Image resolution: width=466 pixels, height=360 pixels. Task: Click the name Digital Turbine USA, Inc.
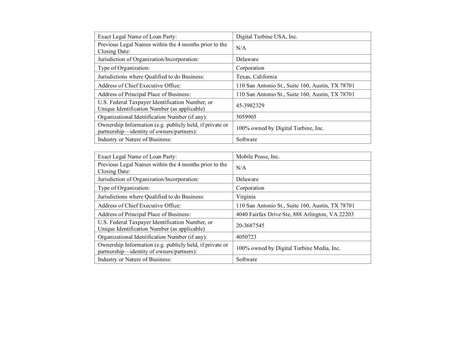click(267, 37)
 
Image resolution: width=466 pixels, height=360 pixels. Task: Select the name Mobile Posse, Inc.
click(258, 157)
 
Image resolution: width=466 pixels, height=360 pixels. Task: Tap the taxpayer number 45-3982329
click(250, 105)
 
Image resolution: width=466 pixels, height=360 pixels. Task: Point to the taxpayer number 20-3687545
click(250, 226)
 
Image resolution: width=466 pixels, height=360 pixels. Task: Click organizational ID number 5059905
click(246, 117)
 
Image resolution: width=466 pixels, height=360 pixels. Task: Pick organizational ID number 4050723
click(246, 237)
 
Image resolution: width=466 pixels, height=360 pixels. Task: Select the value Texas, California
click(256, 77)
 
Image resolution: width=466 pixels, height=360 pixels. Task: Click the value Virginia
click(246, 197)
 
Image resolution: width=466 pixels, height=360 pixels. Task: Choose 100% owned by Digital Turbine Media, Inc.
click(288, 248)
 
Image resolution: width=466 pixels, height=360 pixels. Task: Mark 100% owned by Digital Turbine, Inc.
click(280, 128)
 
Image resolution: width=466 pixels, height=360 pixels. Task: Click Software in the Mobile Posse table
click(246, 259)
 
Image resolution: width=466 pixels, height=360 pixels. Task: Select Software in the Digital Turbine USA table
click(246, 139)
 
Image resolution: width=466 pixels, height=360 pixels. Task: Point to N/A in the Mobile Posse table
click(241, 168)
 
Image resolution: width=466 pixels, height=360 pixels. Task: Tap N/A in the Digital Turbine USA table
click(241, 48)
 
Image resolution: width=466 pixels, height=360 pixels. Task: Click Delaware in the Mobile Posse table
click(247, 179)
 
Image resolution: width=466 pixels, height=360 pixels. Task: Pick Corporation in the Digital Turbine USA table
click(250, 68)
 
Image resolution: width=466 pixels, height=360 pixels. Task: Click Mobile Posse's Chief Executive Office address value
click(295, 205)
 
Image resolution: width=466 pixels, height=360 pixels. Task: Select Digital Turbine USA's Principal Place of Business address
click(295, 94)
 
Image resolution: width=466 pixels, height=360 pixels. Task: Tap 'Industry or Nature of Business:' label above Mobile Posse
click(135, 139)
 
